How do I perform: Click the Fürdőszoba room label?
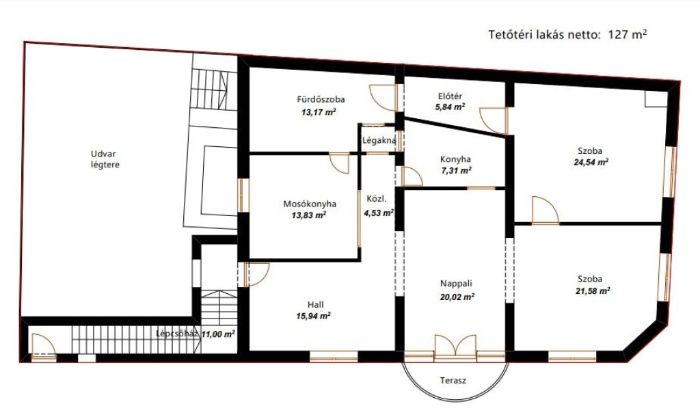point(321,100)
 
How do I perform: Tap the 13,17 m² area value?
point(319,112)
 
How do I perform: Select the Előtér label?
point(450,96)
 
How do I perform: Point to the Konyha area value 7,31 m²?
point(455,170)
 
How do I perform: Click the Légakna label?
point(379,141)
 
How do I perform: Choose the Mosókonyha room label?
point(310,204)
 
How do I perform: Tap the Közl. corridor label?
point(377,199)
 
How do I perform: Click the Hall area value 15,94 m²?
point(313,316)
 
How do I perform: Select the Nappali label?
point(456,284)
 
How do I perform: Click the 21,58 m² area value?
point(593,291)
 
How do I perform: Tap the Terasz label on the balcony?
point(453,381)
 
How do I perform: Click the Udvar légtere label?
point(105,159)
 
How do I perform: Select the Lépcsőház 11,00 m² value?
point(218,334)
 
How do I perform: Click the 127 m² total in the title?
point(628,35)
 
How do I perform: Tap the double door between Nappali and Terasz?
point(455,347)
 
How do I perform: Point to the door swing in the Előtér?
point(494,120)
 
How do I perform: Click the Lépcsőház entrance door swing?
point(44,345)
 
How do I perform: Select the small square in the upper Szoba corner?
point(656,98)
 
